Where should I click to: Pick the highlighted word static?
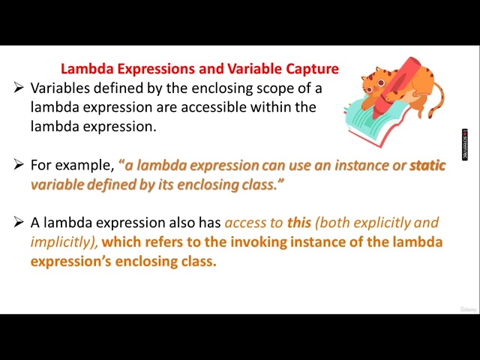[427, 165]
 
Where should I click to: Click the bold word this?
[299, 223]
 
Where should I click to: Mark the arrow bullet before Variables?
[19, 88]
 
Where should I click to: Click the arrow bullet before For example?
[19, 165]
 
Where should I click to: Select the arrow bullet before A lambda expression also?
[19, 223]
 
